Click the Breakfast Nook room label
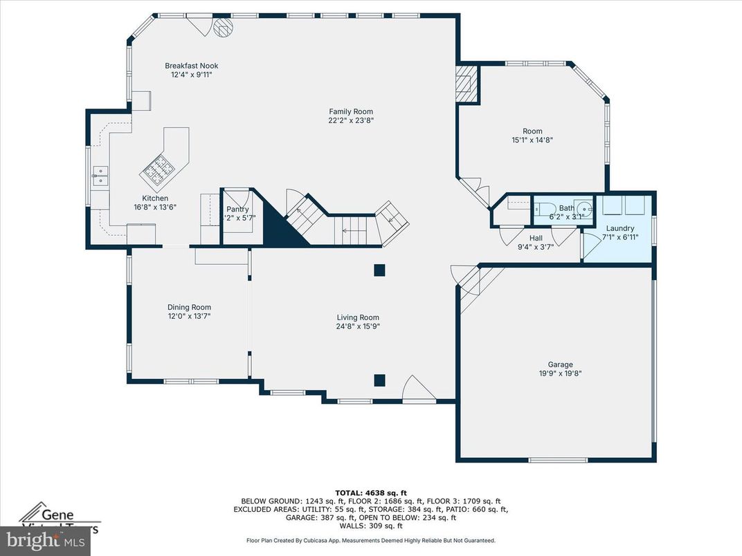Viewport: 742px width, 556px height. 191,66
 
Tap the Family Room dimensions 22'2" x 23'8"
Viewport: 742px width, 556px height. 351,120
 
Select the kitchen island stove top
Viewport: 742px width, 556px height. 159,168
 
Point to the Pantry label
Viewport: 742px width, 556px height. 237,209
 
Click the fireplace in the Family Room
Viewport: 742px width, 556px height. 467,85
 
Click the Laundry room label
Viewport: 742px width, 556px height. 619,228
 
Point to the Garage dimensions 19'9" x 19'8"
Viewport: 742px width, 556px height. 561,373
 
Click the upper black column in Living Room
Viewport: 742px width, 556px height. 379,270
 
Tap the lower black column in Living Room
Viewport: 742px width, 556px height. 379,380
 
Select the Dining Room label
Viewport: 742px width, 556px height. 189,307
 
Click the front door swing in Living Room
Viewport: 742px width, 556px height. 419,389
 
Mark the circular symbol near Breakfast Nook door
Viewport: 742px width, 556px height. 223,27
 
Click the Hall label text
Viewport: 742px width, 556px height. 536,237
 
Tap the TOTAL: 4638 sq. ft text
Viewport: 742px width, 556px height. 370,492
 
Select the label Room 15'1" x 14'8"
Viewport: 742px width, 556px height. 532,135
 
